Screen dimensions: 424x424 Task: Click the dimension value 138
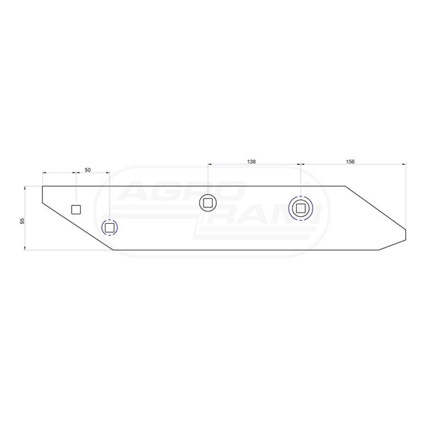[251, 161]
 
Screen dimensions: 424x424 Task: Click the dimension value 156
[350, 161]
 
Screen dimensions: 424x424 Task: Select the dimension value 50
[88, 170]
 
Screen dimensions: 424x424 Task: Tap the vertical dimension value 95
[22, 221]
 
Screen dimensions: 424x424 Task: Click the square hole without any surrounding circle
[76, 210]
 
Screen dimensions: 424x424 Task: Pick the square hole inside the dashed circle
[110, 228]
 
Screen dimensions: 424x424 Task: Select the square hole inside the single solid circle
[208, 203]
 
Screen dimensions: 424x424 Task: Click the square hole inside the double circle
[300, 208]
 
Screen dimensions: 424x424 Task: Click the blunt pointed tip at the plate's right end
[406, 234]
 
